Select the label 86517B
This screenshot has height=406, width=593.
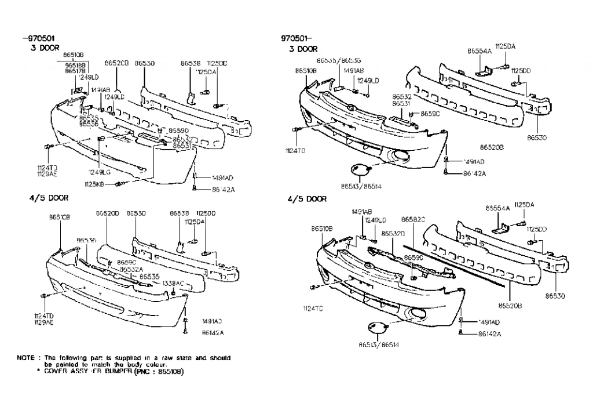(x=74, y=71)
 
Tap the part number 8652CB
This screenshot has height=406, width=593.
(x=116, y=63)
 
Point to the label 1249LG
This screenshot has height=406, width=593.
(x=99, y=172)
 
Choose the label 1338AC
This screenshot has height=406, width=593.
(x=173, y=283)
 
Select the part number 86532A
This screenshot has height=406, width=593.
(x=131, y=269)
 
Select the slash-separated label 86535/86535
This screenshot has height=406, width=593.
(x=339, y=60)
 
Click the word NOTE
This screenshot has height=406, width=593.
(x=28, y=358)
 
